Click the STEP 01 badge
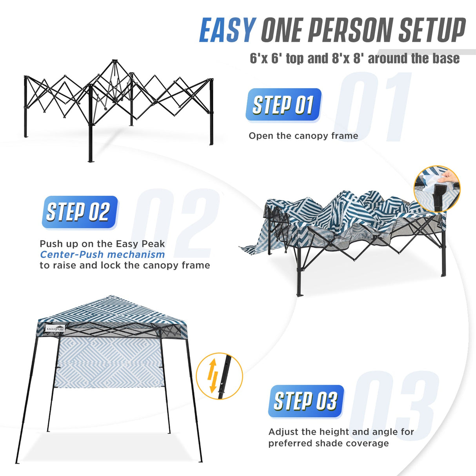pos(283,105)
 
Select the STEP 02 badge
pos(80,212)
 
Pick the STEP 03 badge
pos(306,401)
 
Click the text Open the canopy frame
pos(303,136)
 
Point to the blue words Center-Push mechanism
pos(102,254)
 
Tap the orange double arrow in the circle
pos(213,376)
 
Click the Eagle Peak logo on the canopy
pos(55,329)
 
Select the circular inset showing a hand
pos(437,189)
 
